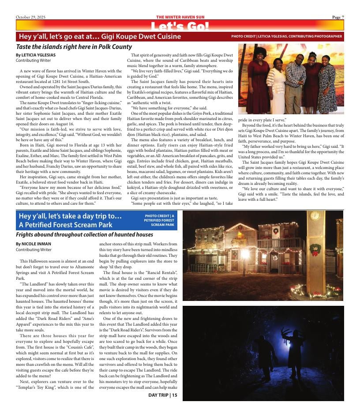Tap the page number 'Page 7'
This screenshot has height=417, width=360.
[338, 17]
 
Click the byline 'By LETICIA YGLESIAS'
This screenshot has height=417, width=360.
[35, 55]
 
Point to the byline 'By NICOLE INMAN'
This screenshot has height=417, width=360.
[33, 244]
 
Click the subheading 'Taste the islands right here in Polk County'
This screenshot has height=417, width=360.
[74, 47]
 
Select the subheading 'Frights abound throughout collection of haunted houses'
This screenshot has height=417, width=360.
[84, 235]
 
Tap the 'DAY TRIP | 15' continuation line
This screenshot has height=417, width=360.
[162, 395]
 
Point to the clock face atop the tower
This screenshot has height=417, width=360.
[315, 216]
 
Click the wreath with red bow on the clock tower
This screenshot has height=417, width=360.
[315, 250]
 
